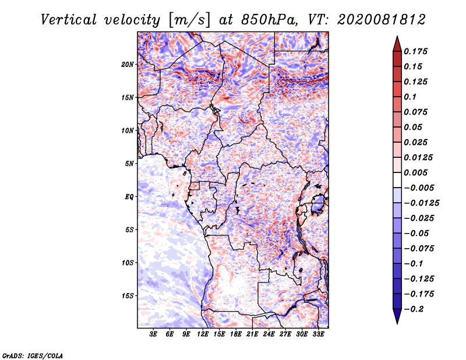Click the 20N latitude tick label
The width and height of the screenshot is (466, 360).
(x=128, y=65)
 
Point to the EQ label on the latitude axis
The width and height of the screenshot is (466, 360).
(x=129, y=197)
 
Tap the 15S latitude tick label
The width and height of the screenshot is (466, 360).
(x=128, y=296)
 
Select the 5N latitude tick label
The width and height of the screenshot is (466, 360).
(x=129, y=164)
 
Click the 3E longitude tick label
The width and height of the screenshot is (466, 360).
(x=153, y=334)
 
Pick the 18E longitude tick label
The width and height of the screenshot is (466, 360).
(x=236, y=334)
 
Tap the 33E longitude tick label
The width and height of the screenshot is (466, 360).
(x=318, y=334)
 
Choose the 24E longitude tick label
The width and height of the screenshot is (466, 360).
(x=269, y=334)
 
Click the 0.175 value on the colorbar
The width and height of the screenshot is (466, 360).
(x=415, y=51)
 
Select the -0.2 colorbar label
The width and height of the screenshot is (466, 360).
(x=414, y=309)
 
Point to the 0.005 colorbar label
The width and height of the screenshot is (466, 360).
(x=415, y=172)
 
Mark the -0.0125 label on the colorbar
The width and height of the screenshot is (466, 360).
(x=421, y=203)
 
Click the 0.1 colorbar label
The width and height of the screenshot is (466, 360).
(x=410, y=97)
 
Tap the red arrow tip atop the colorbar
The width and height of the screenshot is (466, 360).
(x=397, y=37)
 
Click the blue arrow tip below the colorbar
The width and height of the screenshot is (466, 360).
(x=397, y=323)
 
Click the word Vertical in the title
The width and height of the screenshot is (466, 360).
(x=68, y=20)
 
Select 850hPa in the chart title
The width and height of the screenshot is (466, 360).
(x=269, y=20)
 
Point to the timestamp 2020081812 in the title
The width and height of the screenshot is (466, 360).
(x=381, y=20)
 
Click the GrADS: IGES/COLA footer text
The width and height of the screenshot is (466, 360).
(x=33, y=355)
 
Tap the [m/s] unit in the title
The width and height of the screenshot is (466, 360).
(x=190, y=20)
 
